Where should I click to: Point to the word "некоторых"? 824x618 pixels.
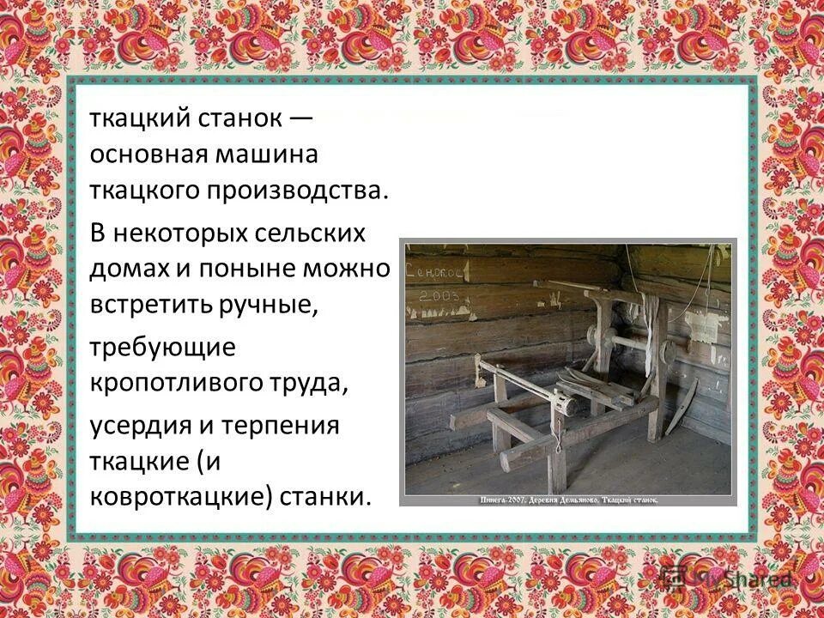[184, 233]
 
